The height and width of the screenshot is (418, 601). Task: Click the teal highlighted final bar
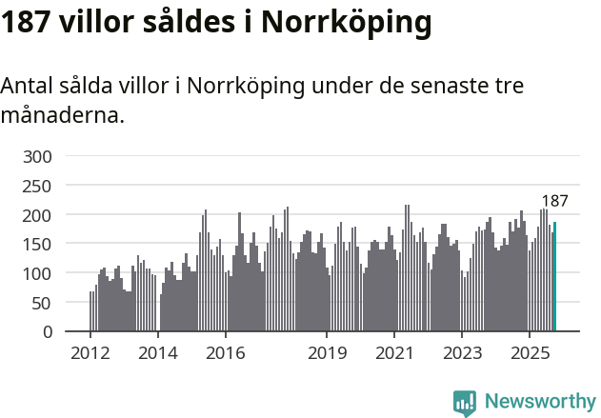click(555, 277)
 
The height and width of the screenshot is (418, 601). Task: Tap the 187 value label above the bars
click(554, 201)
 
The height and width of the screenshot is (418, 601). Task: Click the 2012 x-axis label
click(90, 354)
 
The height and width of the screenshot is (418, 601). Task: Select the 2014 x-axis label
click(158, 354)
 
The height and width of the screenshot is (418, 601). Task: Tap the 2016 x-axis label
click(225, 354)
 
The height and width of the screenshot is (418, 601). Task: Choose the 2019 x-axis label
click(327, 354)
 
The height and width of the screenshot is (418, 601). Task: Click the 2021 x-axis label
click(393, 354)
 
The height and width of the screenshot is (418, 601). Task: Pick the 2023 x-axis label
click(461, 354)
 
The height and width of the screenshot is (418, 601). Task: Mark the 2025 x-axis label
click(529, 354)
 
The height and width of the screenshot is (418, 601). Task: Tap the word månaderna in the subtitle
click(62, 116)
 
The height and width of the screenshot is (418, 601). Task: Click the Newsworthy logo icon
click(465, 402)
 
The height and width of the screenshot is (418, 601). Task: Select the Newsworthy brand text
click(539, 402)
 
